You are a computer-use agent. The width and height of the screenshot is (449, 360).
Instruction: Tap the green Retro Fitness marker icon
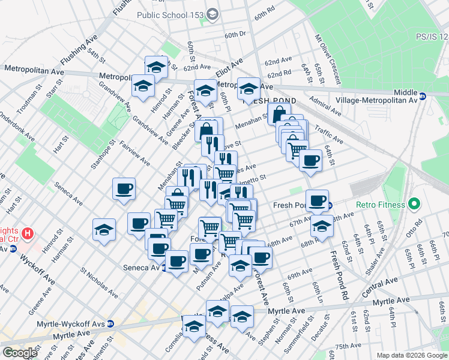[x=414, y=205]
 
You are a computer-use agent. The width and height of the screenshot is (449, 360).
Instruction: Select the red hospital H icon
[x=27, y=233]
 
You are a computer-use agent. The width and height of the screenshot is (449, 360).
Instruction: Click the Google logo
[x=20, y=353]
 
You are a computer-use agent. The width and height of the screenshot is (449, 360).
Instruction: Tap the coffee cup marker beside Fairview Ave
[x=124, y=189]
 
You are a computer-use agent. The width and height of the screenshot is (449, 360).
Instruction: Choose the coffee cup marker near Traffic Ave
[x=310, y=160]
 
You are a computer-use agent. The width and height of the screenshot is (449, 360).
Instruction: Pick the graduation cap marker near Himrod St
[x=143, y=86]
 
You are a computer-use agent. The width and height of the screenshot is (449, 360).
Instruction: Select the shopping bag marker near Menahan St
[x=280, y=113]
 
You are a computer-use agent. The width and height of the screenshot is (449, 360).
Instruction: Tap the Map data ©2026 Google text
[x=411, y=355]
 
